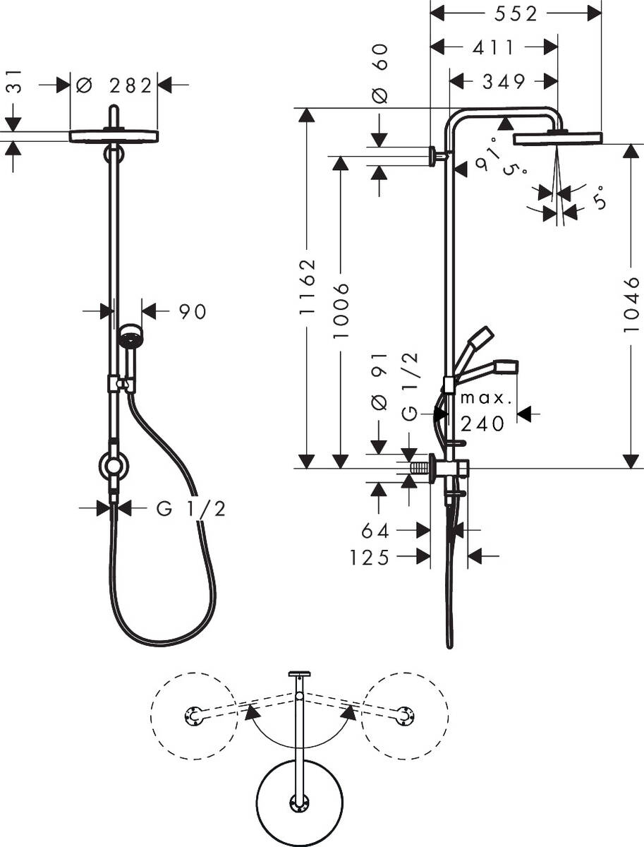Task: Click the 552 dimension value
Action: tap(515, 13)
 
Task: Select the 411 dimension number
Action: tap(493, 47)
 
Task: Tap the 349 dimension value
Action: tap(503, 82)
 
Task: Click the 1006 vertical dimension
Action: tap(341, 310)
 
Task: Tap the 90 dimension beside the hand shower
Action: tap(192, 311)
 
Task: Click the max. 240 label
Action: tap(485, 411)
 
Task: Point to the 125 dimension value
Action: tap(370, 558)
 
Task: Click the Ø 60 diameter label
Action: tap(380, 73)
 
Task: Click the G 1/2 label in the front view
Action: tap(191, 508)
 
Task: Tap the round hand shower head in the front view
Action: tap(130, 337)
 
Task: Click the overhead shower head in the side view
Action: tap(558, 138)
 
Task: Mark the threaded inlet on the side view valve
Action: tap(422, 468)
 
